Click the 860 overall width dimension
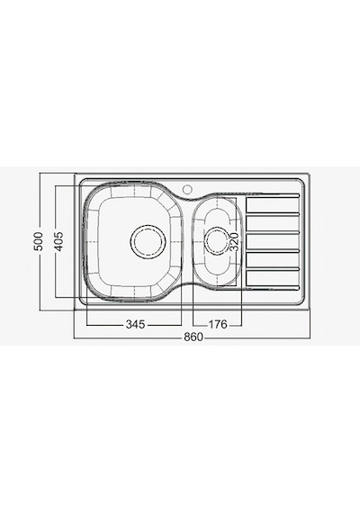pos(193,337)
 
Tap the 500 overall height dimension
pos(39,241)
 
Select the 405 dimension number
pos(58,241)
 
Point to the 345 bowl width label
pos(135,324)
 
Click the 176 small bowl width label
pos(218,324)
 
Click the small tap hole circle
pos(187,189)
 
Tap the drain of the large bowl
pos(148,242)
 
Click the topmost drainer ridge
pos(273,195)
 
